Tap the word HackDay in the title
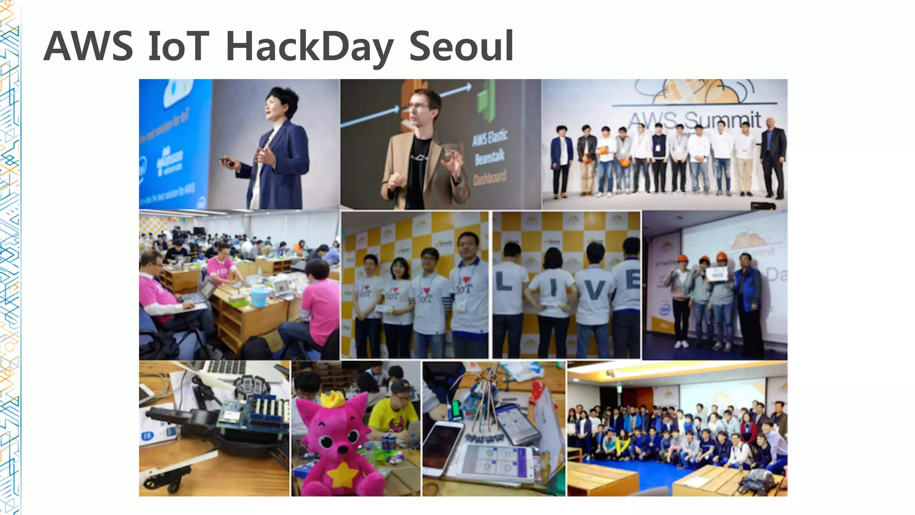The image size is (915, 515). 309,47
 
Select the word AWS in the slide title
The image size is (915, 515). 88,46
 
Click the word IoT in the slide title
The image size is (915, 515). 178,46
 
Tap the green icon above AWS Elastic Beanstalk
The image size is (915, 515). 486,101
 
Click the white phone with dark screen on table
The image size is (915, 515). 442,447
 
